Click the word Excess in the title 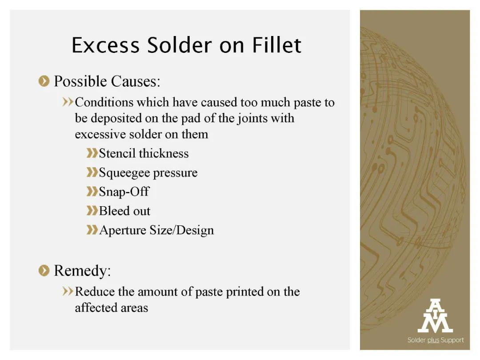coord(106,45)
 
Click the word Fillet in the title coord(277,45)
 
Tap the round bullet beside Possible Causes coord(44,81)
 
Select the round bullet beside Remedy coord(44,271)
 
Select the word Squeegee coord(124,173)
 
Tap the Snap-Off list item coord(124,192)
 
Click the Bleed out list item coord(124,211)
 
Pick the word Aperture coord(123,231)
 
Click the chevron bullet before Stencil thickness coord(92,153)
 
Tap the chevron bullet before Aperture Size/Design coord(92,230)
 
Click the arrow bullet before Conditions coord(68,102)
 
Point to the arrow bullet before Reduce coord(68,291)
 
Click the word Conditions coord(104,102)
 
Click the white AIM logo coord(435,316)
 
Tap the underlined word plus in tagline coord(433,340)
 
